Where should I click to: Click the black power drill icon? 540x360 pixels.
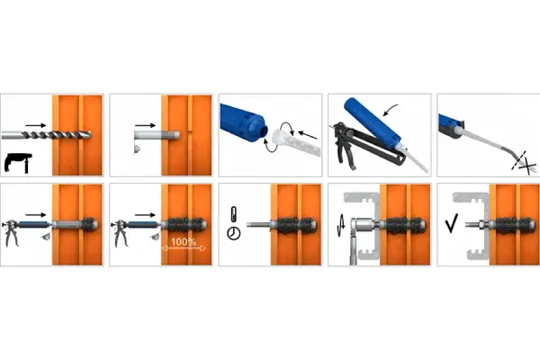(x=18, y=163)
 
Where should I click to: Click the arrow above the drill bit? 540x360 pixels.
(x=35, y=125)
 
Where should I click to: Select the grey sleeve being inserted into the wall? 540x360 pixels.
(x=157, y=134)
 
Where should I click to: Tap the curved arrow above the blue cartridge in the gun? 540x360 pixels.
(x=391, y=110)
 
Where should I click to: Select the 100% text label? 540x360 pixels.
(x=184, y=242)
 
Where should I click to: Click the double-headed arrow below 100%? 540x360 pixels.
(x=184, y=248)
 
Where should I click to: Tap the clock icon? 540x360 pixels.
(x=233, y=233)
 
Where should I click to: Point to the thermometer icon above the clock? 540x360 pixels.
(x=233, y=214)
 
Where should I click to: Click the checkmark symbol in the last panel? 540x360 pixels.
(x=452, y=223)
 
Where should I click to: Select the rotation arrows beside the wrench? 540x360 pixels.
(x=340, y=226)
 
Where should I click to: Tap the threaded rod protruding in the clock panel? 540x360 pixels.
(x=258, y=225)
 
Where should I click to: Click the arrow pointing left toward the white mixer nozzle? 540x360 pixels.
(x=308, y=135)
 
